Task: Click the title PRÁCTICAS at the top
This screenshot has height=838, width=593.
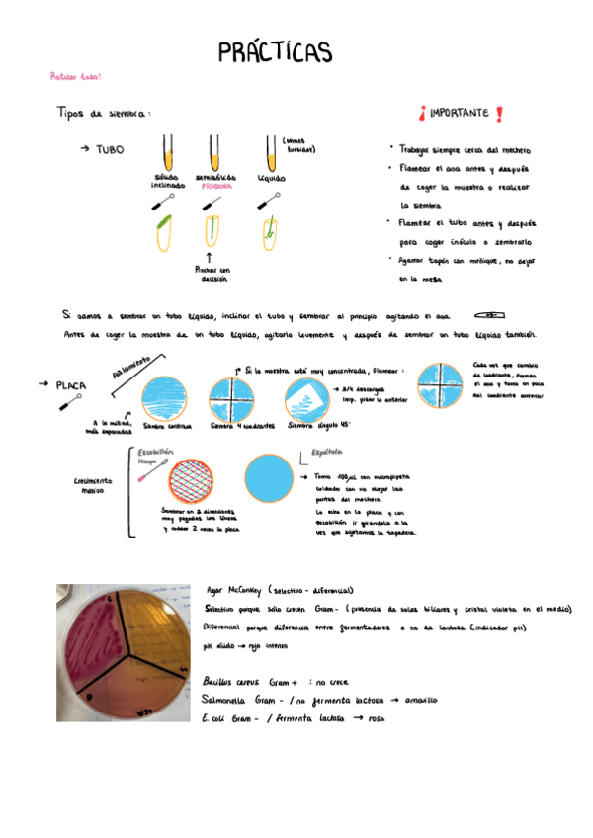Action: tap(274, 51)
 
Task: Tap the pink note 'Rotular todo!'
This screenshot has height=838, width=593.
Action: tap(76, 76)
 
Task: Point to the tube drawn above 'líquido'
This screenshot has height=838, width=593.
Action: tap(270, 152)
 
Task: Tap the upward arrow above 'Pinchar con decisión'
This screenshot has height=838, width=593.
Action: tap(212, 256)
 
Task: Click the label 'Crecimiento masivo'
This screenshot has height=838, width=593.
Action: tap(93, 485)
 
